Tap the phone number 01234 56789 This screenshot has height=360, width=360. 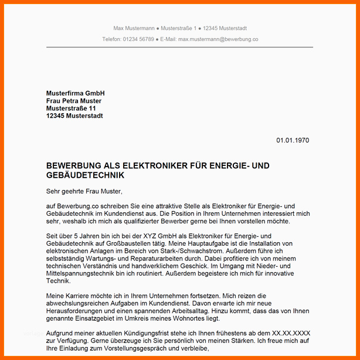tap(138, 39)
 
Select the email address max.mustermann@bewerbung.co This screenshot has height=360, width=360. tap(218, 39)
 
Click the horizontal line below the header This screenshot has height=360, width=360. tap(179, 47)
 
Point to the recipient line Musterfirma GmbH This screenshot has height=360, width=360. tap(75, 94)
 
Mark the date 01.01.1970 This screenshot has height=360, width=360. tap(293, 140)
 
